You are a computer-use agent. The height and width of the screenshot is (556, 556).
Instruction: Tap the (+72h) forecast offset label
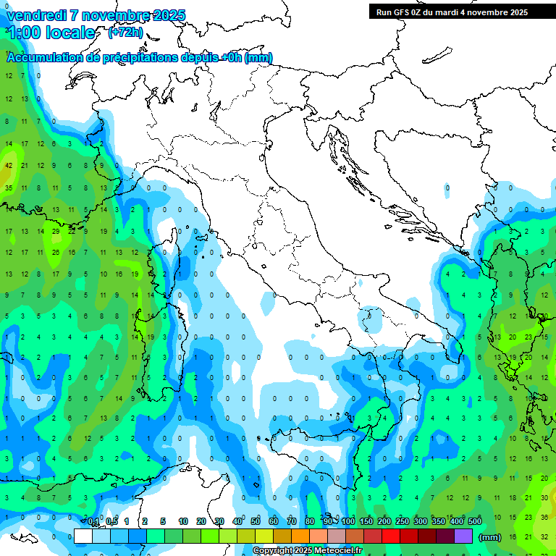pyautogui.click(x=125, y=33)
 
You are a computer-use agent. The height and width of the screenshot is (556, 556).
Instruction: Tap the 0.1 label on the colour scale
pyautogui.click(x=94, y=522)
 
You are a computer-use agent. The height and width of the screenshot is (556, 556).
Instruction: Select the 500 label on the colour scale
pyautogui.click(x=475, y=522)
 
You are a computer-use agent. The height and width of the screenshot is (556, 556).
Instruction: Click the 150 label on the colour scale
pyautogui.click(x=366, y=522)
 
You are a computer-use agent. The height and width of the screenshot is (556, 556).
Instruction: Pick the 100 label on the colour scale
pyautogui.click(x=348, y=522)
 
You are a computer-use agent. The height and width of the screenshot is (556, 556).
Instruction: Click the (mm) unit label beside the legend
pyautogui.click(x=490, y=537)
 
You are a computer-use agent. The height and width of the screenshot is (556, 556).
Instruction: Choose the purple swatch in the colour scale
pyautogui.click(x=463, y=536)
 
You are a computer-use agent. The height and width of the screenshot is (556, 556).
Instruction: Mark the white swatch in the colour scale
pyautogui.click(x=83, y=536)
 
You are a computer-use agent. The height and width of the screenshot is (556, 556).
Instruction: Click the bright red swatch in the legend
pyautogui.click(x=391, y=536)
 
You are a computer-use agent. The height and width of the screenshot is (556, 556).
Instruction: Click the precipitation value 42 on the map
pyautogui.click(x=9, y=165)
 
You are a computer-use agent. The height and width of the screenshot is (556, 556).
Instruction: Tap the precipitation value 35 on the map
pyautogui.click(x=9, y=188)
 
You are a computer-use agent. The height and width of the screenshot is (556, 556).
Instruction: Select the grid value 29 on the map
pyautogui.click(x=56, y=231)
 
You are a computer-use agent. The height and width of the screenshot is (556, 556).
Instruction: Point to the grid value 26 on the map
pyautogui.click(x=56, y=253)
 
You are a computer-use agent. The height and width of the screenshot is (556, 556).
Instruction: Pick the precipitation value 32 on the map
pyautogui.click(x=544, y=536)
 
